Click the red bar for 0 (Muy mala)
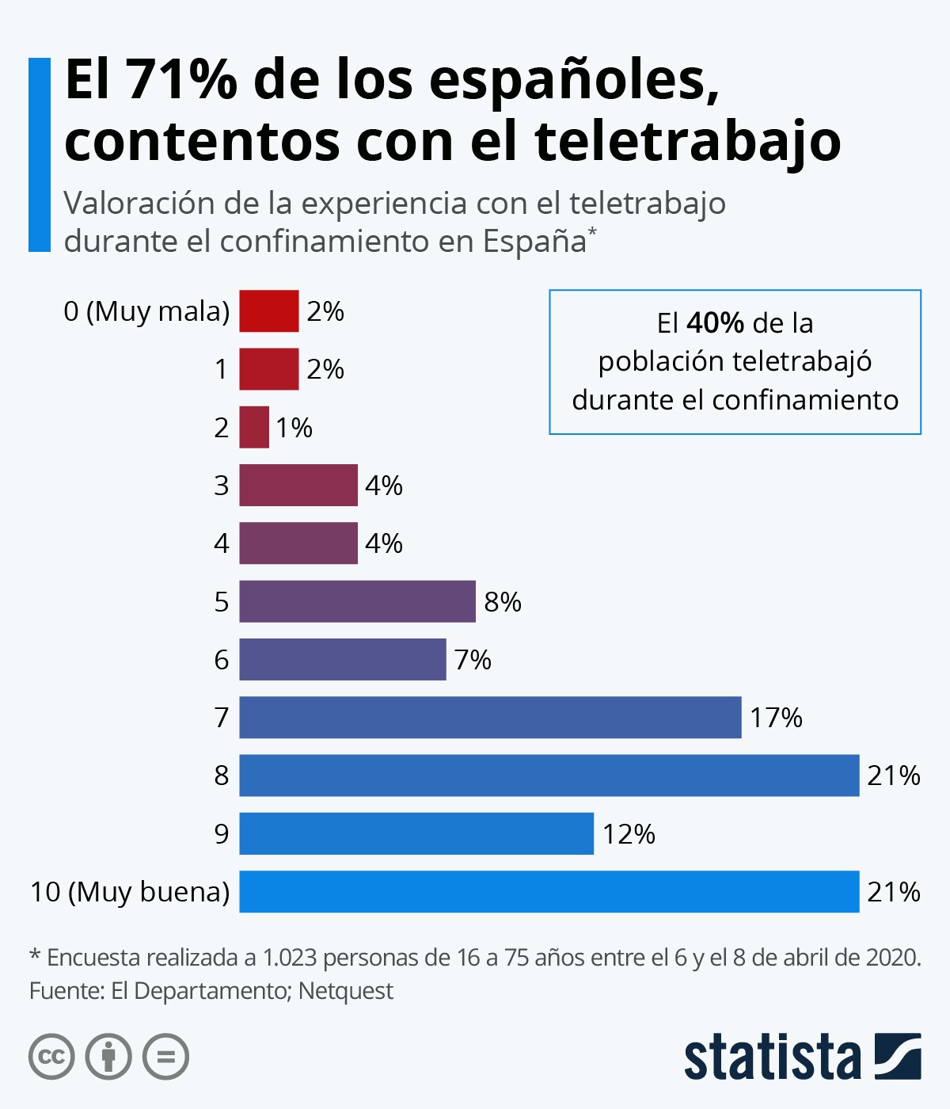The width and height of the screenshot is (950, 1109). click(x=269, y=311)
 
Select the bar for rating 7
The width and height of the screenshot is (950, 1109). click(x=490, y=717)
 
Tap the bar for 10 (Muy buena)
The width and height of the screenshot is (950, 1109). click(x=549, y=891)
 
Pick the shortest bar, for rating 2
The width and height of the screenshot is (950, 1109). click(x=254, y=427)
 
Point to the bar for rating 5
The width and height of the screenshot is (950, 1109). click(x=357, y=601)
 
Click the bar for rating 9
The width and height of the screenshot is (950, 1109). click(x=416, y=833)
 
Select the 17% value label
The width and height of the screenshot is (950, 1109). click(x=776, y=718)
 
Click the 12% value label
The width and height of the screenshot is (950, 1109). click(x=629, y=834)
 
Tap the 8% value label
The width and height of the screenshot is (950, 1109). click(x=503, y=602)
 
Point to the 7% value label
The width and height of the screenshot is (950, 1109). click(x=473, y=660)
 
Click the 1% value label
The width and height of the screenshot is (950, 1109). click(x=294, y=428)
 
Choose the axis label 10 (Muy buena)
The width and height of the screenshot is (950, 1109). click(x=130, y=892)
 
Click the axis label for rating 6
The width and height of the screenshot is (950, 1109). click(x=222, y=660)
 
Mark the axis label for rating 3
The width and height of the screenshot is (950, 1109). click(x=222, y=485)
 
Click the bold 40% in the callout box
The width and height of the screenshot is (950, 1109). click(x=715, y=323)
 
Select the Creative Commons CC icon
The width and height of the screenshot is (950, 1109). click(x=51, y=1057)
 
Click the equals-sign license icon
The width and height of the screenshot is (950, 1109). click(x=165, y=1057)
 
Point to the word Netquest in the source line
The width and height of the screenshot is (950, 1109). click(x=346, y=991)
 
